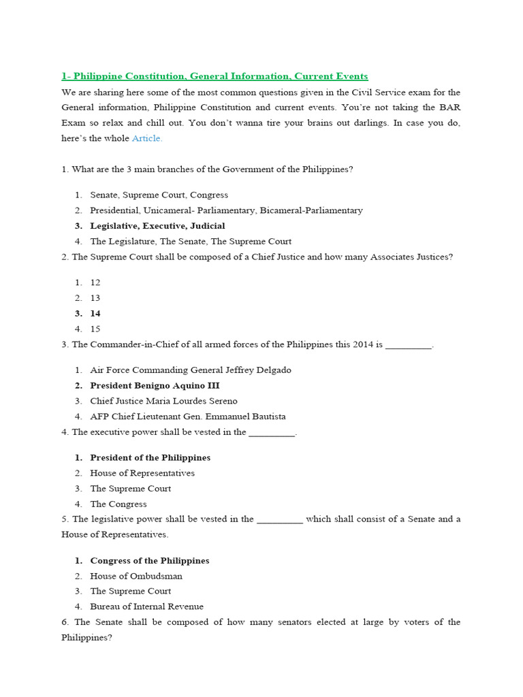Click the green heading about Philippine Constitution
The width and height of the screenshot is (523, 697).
pyautogui.click(x=215, y=76)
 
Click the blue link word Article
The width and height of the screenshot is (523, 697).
pyautogui.click(x=147, y=138)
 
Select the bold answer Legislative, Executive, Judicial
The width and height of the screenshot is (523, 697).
pyautogui.click(x=157, y=226)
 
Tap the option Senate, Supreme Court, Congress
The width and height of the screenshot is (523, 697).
pyautogui.click(x=159, y=195)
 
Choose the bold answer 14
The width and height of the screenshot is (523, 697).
pyautogui.click(x=95, y=314)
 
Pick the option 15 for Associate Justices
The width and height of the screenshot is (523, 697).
pyautogui.click(x=95, y=329)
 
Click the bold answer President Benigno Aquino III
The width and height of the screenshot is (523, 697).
pyautogui.click(x=155, y=386)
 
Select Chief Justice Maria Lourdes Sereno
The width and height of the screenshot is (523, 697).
pyautogui.click(x=163, y=401)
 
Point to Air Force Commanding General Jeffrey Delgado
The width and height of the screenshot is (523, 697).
pyautogui.click(x=190, y=370)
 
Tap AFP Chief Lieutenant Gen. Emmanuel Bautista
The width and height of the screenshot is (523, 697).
pyautogui.click(x=188, y=417)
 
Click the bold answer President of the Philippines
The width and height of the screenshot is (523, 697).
pyautogui.click(x=150, y=458)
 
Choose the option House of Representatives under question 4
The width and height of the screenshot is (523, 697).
pyautogui.click(x=142, y=473)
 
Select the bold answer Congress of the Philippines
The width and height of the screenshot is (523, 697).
pyautogui.click(x=149, y=561)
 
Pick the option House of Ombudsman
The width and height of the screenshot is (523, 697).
pyautogui.click(x=136, y=576)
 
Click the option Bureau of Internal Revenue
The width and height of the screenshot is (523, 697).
pyautogui.click(x=146, y=606)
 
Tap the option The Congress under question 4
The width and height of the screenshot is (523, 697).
pyautogui.click(x=118, y=504)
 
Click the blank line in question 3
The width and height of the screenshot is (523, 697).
pyautogui.click(x=409, y=345)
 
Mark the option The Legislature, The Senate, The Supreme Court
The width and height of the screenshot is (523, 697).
pyautogui.click(x=191, y=242)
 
